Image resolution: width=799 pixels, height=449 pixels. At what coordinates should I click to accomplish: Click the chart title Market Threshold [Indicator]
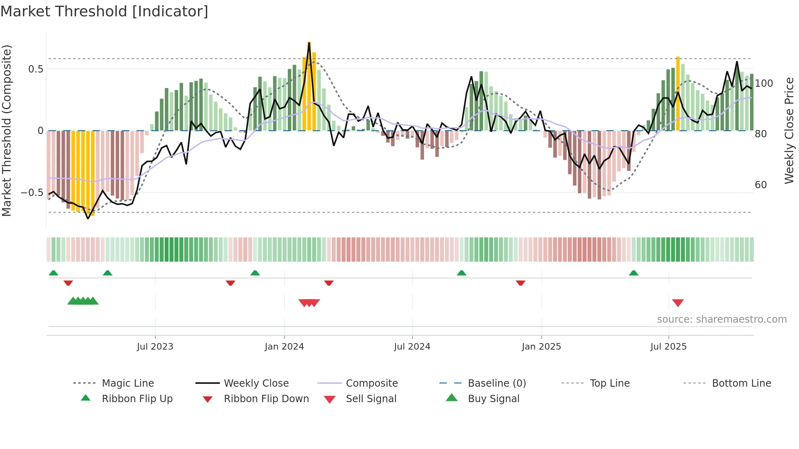tap(104, 11)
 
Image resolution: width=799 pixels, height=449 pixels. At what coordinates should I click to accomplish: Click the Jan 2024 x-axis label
tap(284, 346)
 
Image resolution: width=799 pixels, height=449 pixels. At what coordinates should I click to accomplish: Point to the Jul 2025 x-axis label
tap(668, 346)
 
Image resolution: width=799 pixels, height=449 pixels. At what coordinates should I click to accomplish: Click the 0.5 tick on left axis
tap(35, 69)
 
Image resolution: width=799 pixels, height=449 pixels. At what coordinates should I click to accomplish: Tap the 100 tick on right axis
tap(764, 83)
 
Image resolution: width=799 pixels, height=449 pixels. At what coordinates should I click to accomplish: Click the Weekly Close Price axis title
tap(789, 130)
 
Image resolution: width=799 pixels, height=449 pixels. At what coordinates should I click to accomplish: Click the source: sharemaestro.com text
tap(722, 319)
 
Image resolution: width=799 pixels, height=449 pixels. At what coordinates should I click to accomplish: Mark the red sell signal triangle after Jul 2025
tap(678, 303)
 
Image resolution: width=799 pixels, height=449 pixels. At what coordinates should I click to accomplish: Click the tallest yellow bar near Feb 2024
tap(309, 86)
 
